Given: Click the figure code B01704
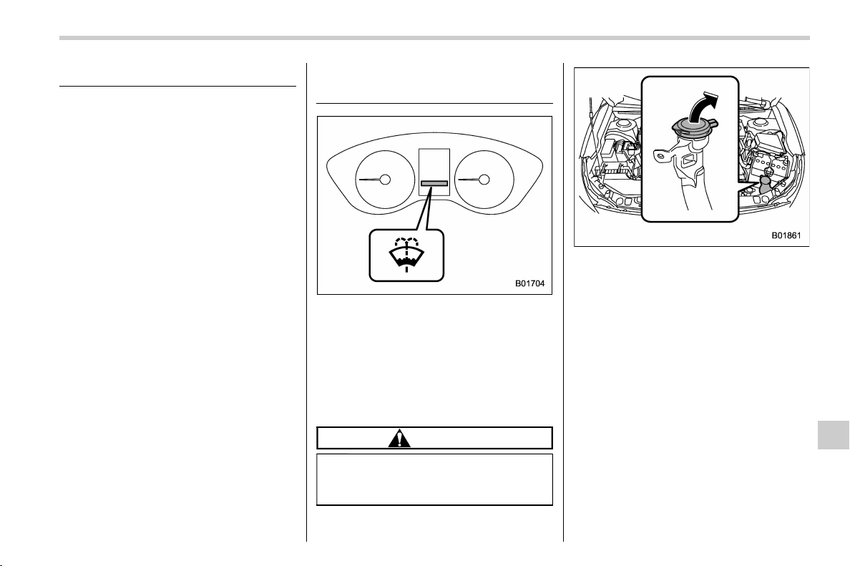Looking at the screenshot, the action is [529, 283].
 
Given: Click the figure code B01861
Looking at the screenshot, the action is [786, 236].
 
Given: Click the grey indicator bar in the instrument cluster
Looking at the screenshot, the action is [434, 183].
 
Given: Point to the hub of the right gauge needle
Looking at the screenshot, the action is [484, 180].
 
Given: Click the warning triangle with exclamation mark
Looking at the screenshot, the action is [399, 438].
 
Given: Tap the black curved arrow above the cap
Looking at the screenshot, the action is [703, 107].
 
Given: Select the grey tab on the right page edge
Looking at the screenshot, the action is [834, 434].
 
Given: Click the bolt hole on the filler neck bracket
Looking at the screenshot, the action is [659, 156].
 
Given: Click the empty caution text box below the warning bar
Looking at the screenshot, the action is [434, 480].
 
